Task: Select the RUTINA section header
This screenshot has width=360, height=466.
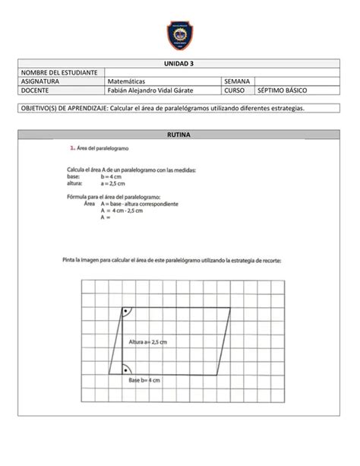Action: [180, 135]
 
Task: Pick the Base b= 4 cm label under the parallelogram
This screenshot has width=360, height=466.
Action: [144, 379]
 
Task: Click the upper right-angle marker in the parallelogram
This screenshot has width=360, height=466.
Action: [126, 312]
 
